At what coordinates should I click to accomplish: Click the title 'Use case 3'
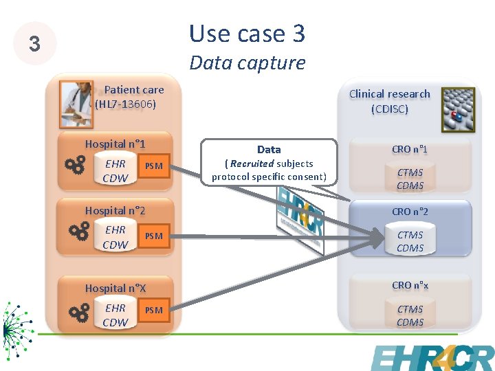247,33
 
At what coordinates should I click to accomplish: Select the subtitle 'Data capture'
247,63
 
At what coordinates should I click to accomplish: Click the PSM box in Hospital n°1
154,166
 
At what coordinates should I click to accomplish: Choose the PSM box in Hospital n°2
154,236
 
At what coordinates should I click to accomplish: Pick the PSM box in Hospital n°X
154,310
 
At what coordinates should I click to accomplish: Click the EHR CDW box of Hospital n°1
115,171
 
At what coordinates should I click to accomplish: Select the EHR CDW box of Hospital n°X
115,315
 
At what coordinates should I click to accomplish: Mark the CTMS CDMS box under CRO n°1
410,179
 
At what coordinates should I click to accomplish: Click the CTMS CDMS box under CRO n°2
410,241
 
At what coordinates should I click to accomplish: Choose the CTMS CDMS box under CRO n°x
410,315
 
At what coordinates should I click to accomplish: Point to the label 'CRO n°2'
410,212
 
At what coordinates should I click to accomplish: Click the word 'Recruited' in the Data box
252,164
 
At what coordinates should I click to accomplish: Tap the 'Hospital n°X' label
115,288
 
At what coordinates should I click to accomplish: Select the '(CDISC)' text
389,109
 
